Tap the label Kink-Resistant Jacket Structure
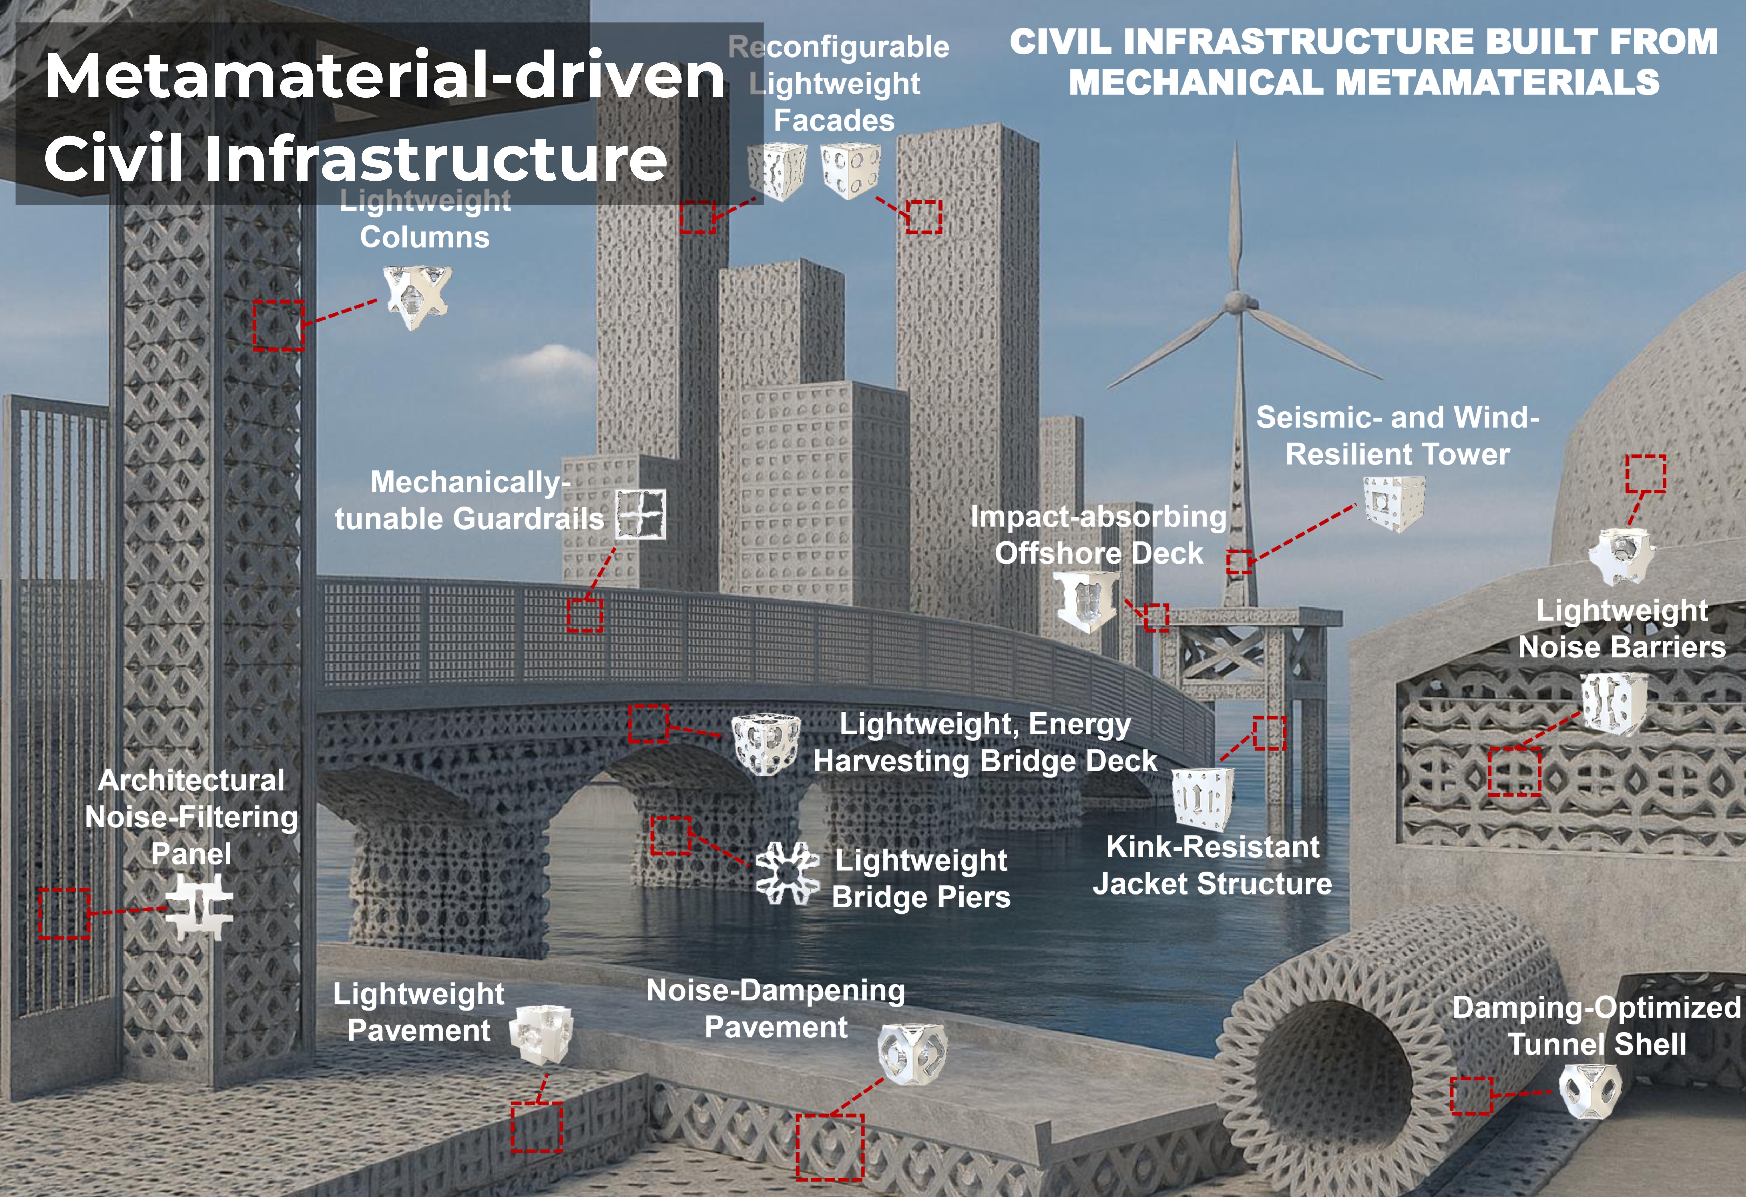[1212, 865]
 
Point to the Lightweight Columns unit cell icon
[418, 297]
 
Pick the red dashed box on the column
[278, 325]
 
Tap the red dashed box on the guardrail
[584, 615]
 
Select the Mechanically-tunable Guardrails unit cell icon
[641, 514]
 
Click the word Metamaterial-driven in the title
[384, 76]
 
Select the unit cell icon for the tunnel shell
[1590, 1091]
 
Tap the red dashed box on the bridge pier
[670, 836]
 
